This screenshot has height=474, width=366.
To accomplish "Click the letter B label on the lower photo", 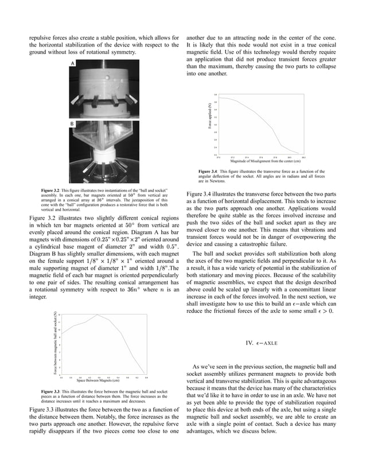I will pyautogui.click(x=72, y=123).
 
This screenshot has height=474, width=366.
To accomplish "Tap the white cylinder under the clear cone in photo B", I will pyautogui.click(x=106, y=154).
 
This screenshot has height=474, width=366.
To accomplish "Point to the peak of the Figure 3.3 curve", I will pyautogui.click(x=98, y=314).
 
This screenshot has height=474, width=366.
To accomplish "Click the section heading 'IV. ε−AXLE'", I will pyautogui.click(x=261, y=343).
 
